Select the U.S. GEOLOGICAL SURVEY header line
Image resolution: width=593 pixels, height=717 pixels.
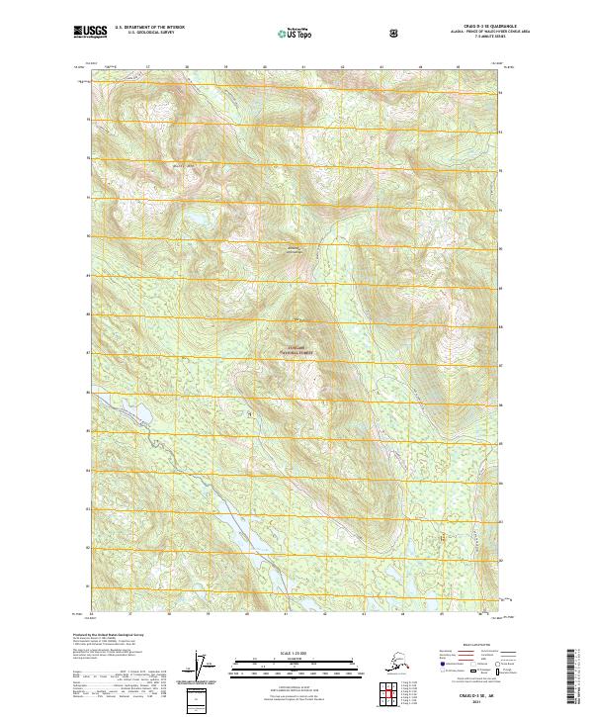click(x=148, y=34)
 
